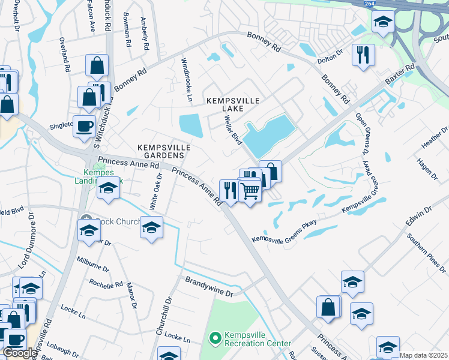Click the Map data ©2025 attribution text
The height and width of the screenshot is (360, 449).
point(423,355)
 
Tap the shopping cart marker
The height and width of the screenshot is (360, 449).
point(250,191)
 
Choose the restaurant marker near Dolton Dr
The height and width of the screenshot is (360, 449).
point(363,55)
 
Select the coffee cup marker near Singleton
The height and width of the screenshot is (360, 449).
point(84,127)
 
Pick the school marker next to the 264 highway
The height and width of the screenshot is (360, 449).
point(383,22)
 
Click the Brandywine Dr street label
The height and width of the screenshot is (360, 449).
point(208,286)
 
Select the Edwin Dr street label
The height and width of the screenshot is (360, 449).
point(418,216)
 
